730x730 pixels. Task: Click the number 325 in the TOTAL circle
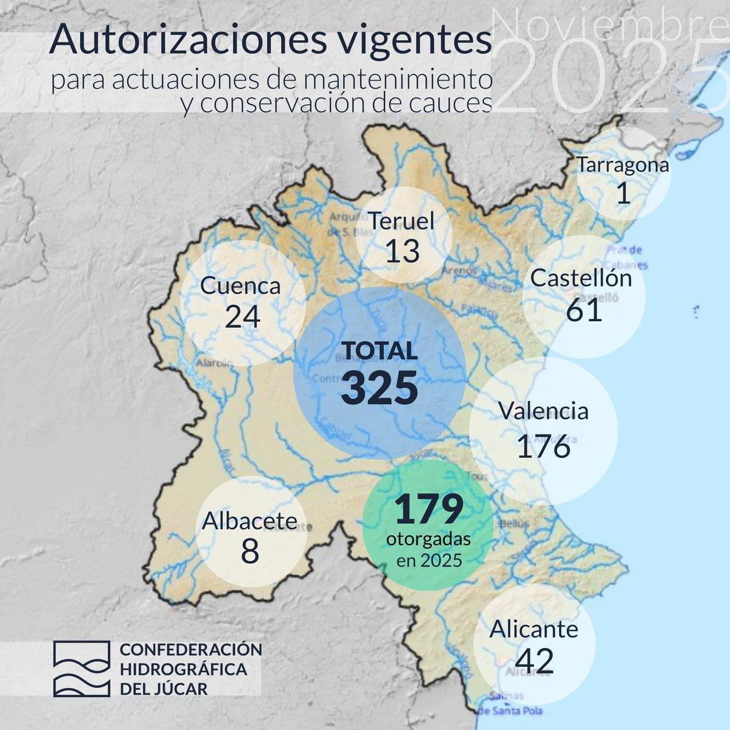coord(380,388)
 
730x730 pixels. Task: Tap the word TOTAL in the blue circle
coord(380,351)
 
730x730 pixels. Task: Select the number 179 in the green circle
coord(429,510)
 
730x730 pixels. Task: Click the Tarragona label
coord(623,164)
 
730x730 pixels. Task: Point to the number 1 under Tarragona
coord(623,193)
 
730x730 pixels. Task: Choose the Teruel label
coord(402,221)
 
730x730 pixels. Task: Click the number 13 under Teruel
coord(403,251)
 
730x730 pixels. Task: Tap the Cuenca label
coord(240,285)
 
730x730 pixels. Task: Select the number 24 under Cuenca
coord(242,316)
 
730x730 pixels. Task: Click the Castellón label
coord(581,278)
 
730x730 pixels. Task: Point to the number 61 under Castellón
coord(584,310)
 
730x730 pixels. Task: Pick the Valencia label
coord(544,411)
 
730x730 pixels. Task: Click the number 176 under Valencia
coord(544,446)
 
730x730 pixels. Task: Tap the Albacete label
coord(249,521)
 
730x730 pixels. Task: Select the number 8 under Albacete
coord(249,552)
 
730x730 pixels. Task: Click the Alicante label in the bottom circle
coord(534,628)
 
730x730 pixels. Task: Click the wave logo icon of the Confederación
coord(81,668)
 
